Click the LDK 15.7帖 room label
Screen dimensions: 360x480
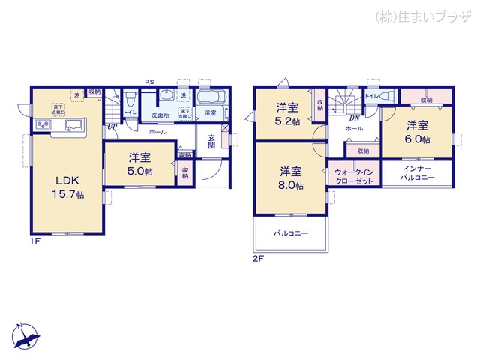[67, 187]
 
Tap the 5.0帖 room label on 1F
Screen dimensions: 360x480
[139, 164]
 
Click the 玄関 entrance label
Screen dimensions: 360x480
[212, 141]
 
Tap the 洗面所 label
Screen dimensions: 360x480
[160, 115]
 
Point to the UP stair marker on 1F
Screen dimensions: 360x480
[112, 127]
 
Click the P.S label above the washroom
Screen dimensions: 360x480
[150, 83]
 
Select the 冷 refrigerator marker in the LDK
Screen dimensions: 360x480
[76, 95]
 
